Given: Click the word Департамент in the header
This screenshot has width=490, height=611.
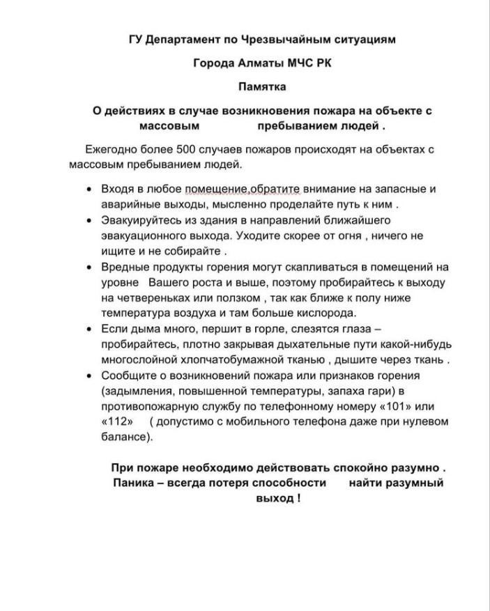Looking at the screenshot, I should pyautogui.click(x=181, y=40).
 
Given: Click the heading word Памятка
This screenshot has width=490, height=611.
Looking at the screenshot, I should pyautogui.click(x=262, y=87).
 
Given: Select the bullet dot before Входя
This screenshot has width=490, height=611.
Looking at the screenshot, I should pyautogui.click(x=89, y=190).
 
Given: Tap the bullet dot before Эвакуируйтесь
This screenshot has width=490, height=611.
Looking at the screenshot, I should pyautogui.click(x=89, y=221).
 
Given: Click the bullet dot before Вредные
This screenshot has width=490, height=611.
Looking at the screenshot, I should pyautogui.click(x=89, y=268).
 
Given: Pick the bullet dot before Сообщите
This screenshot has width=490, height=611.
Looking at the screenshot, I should pyautogui.click(x=89, y=376).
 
